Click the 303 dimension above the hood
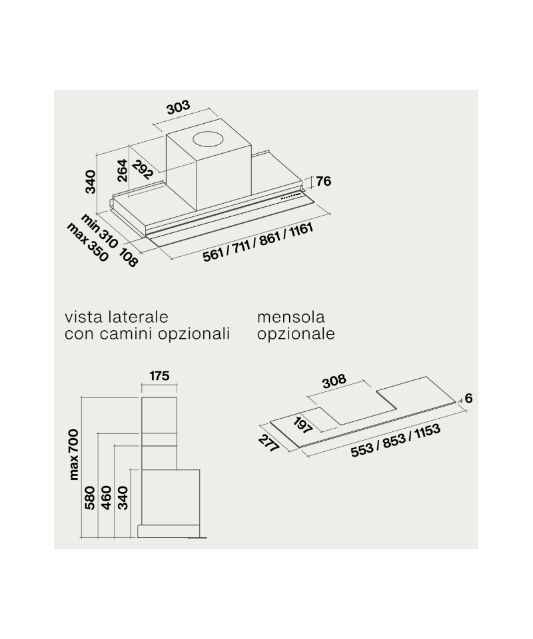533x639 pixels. (x=178, y=107)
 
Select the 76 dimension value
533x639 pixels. (x=322, y=181)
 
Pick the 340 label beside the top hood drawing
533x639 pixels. (x=91, y=181)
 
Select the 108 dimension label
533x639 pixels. (x=129, y=256)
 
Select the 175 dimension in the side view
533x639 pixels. (x=159, y=376)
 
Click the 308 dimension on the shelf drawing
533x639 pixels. (x=334, y=381)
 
